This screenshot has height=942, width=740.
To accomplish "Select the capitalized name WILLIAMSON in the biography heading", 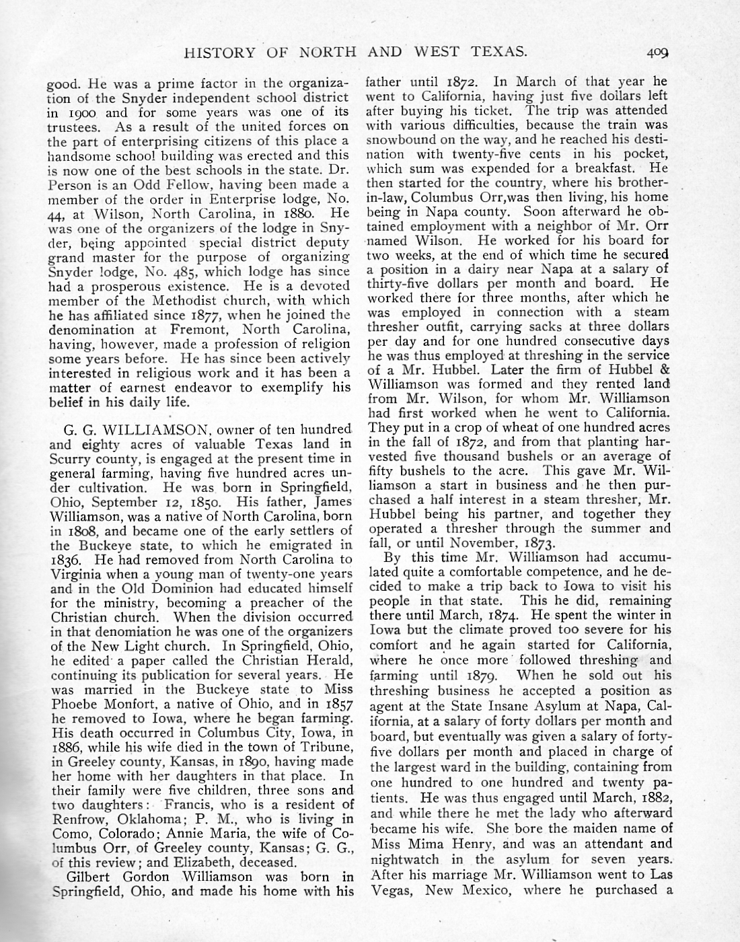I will [x=156, y=429].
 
